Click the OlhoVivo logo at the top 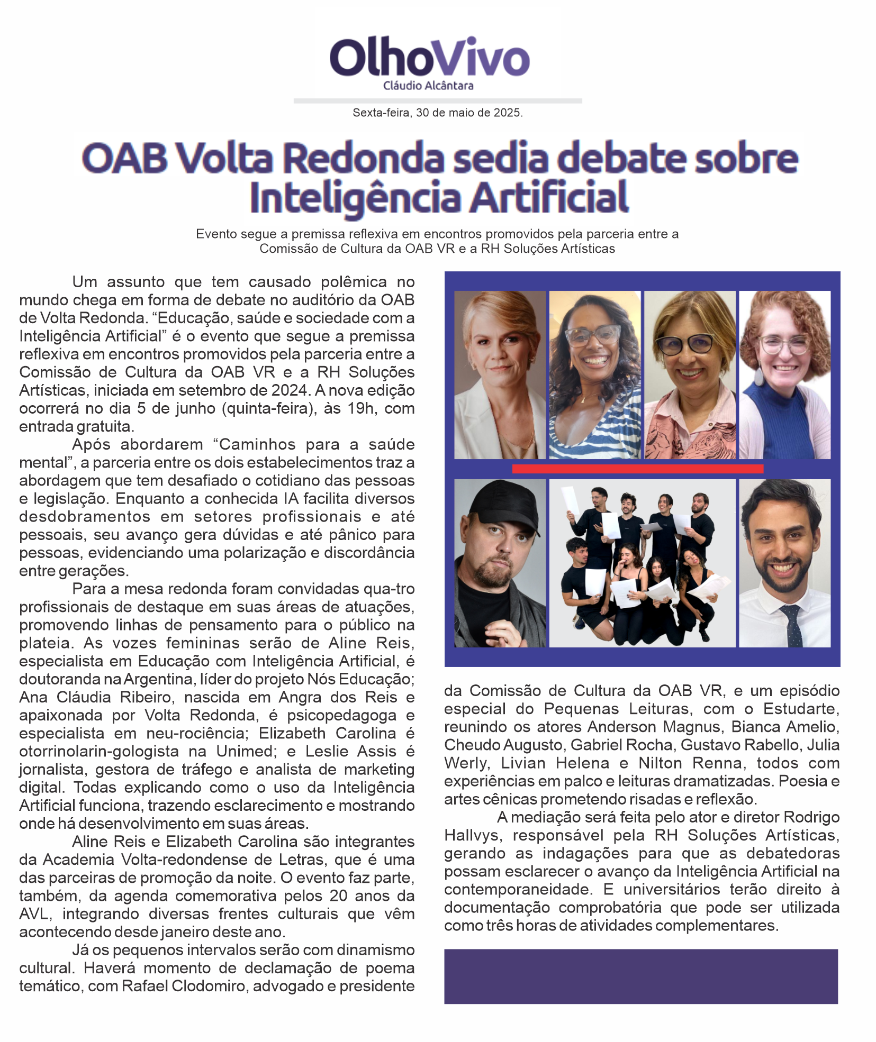(x=429, y=57)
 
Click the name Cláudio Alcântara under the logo (x=428, y=86)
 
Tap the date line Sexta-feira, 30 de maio (x=437, y=113)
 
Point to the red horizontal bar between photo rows (x=637, y=469)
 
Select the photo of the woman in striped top (x=594, y=374)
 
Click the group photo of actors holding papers (x=642, y=563)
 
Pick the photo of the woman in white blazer (x=500, y=374)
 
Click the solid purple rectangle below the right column (x=640, y=976)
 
